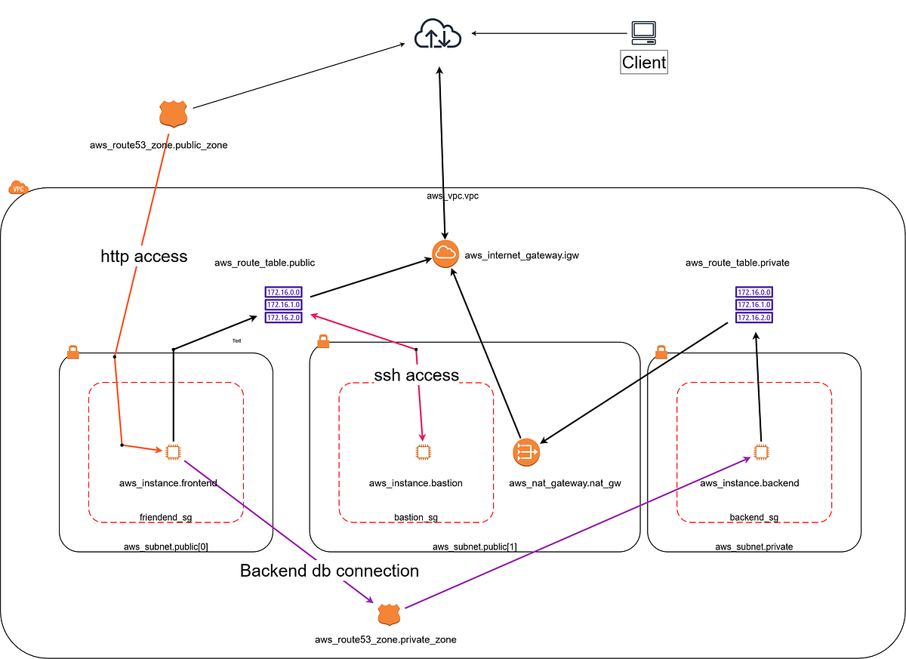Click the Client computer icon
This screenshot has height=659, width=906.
pos(643,32)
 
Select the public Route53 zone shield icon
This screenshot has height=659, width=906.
pos(173,115)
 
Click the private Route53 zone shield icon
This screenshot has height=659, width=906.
pos(389,614)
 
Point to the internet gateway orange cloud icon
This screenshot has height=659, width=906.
pos(445,255)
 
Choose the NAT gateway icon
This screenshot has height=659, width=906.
pos(525,452)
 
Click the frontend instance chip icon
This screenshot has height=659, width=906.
pos(173,452)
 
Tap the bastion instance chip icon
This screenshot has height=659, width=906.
pos(423,452)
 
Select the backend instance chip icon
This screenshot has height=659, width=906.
pos(761,452)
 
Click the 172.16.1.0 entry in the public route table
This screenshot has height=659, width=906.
pos(284,305)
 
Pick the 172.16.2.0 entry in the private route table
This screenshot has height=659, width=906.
pos(753,318)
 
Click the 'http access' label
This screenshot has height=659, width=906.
pos(143,257)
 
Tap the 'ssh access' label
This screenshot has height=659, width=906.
pos(416,375)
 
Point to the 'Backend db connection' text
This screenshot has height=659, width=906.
pos(329,571)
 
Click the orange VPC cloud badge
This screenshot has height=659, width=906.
pos(17,187)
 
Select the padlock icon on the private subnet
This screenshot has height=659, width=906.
pos(661,352)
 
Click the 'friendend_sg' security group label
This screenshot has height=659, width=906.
pos(166,517)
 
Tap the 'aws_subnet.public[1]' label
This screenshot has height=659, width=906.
pos(474,547)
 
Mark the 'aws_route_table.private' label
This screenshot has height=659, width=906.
pos(737,263)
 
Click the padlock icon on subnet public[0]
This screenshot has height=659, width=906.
pos(72,352)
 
